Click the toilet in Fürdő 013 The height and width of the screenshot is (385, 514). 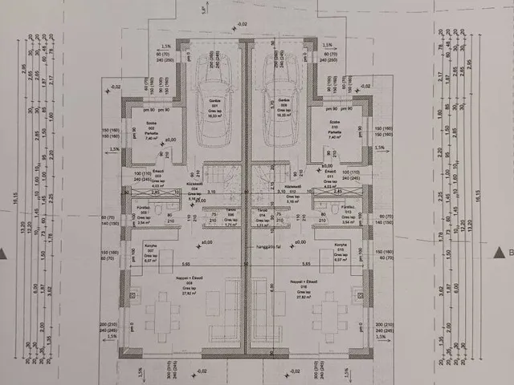click(x=329, y=210)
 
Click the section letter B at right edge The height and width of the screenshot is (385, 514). click(x=508, y=253)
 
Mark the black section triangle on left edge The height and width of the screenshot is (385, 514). click(x=4, y=253)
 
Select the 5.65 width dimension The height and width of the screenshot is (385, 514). click(x=186, y=264)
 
